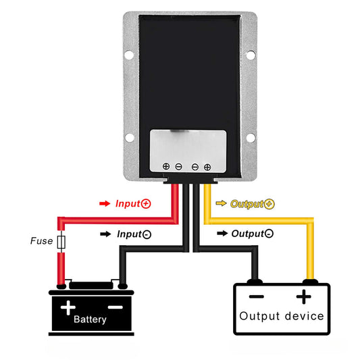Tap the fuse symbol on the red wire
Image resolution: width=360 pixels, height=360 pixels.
coord(61,241)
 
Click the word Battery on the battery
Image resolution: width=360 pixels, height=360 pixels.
coord(90,319)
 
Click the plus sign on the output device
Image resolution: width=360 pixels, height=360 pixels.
coord(305,296)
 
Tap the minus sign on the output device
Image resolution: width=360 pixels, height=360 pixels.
coord(256,296)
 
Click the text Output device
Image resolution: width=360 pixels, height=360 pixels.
coord(282,316)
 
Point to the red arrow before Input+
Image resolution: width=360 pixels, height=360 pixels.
coord(104,203)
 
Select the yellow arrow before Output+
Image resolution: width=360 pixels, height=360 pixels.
coord(221,203)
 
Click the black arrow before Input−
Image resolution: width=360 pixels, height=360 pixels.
coord(104,234)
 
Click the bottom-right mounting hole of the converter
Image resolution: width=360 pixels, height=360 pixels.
coord(250,138)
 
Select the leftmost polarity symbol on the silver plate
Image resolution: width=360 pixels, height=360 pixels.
coord(166,165)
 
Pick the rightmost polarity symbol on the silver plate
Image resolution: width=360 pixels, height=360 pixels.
coord(207,165)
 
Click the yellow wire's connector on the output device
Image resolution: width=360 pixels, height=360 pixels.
coord(311,280)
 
